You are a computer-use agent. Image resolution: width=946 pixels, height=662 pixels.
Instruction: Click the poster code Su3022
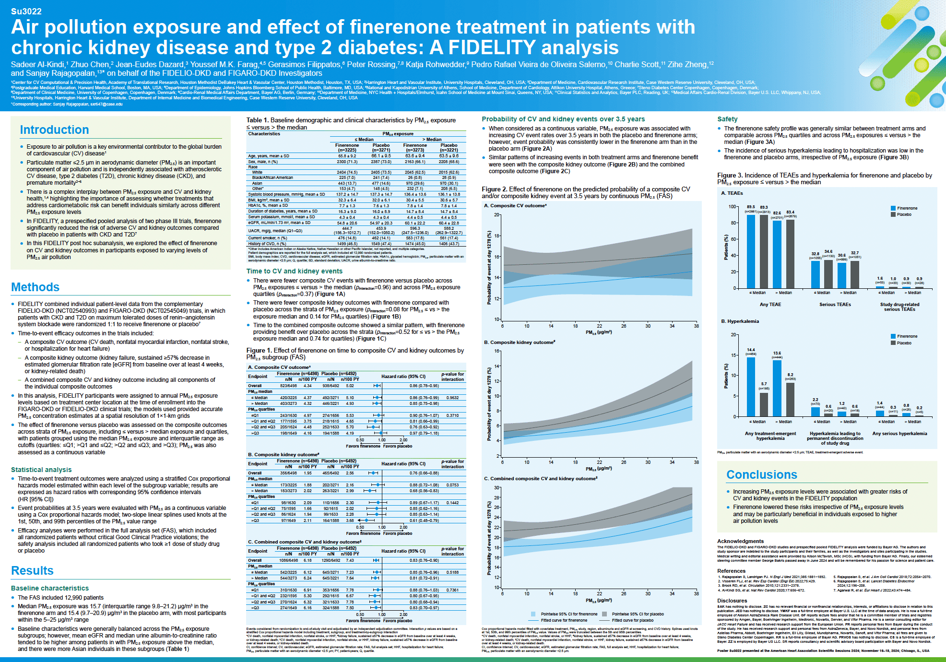tap(26, 11)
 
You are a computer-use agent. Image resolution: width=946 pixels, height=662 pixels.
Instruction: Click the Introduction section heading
tap(54, 130)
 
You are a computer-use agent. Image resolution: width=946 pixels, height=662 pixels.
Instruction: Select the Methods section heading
tap(35, 287)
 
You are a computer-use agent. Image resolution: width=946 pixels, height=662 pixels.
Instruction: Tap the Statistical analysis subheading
tap(41, 470)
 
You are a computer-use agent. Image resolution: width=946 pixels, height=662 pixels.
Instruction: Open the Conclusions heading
tap(761, 474)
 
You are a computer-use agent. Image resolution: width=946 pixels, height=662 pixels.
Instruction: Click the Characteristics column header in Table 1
tap(264, 134)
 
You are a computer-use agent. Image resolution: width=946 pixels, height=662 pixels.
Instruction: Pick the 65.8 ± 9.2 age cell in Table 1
tap(347, 156)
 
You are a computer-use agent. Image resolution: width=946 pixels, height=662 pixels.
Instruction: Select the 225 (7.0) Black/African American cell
tap(347, 177)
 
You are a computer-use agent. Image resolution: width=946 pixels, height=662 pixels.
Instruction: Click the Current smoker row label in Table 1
tap(267, 238)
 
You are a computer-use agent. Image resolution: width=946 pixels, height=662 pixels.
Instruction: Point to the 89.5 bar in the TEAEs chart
tap(751, 249)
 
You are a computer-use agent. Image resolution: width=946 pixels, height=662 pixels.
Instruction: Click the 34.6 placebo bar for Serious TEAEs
tap(828, 273)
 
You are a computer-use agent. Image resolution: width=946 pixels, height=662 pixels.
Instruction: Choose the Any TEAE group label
tap(770, 305)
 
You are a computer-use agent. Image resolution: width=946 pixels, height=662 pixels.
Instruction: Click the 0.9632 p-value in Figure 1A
tap(452, 398)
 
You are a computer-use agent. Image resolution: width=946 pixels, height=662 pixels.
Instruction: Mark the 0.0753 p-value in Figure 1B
tap(452, 485)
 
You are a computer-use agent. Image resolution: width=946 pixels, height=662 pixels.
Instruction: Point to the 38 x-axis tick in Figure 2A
tap(696, 326)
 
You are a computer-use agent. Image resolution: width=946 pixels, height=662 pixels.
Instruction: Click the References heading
tap(731, 571)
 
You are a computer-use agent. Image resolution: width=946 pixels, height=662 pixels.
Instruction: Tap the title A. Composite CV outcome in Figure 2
tap(515, 206)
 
